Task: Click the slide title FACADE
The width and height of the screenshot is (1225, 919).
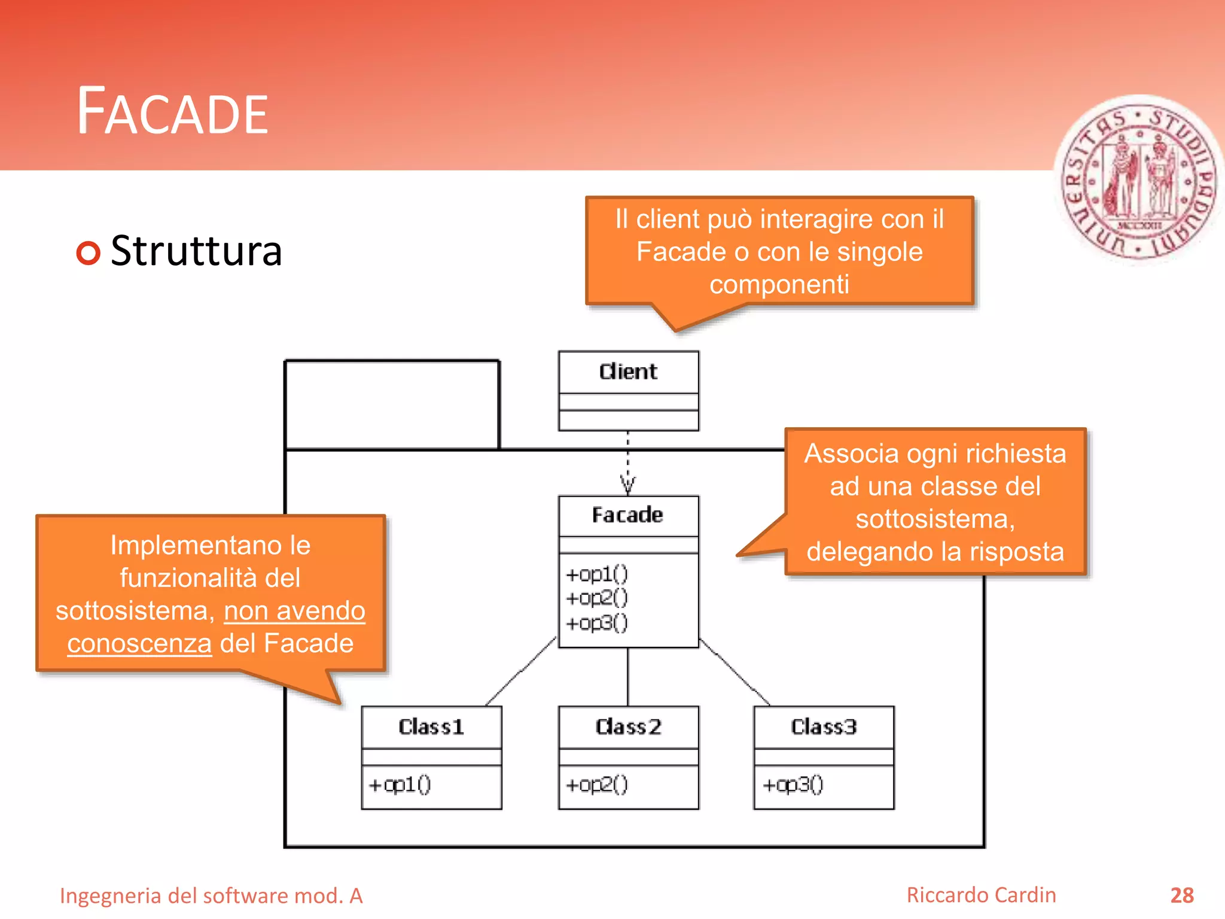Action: tap(172, 112)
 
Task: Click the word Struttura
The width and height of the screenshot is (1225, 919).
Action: tap(196, 251)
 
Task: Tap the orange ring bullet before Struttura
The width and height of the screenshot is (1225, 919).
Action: tap(89, 252)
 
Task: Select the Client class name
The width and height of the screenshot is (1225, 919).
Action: tap(628, 372)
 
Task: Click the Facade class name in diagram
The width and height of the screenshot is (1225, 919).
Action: tap(627, 515)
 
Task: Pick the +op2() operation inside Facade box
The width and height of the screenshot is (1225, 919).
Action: tap(597, 598)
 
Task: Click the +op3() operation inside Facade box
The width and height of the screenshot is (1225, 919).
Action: tap(597, 623)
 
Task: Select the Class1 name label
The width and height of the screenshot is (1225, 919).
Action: tap(431, 727)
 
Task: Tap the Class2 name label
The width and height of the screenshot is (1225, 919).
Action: tap(628, 727)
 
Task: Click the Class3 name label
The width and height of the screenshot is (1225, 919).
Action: tap(824, 727)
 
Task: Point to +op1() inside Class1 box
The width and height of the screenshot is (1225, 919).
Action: tap(400, 784)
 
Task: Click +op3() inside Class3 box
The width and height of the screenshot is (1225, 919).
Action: tap(793, 784)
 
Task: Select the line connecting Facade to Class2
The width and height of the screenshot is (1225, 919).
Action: tap(627, 677)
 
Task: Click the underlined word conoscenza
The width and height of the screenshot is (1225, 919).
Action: tap(139, 644)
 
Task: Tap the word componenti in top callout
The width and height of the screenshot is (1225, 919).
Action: tap(779, 285)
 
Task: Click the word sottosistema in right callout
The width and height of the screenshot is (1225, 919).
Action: tap(934, 519)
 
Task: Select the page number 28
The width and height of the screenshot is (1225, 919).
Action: tap(1181, 895)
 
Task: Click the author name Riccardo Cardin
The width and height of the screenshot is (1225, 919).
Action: tap(981, 895)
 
